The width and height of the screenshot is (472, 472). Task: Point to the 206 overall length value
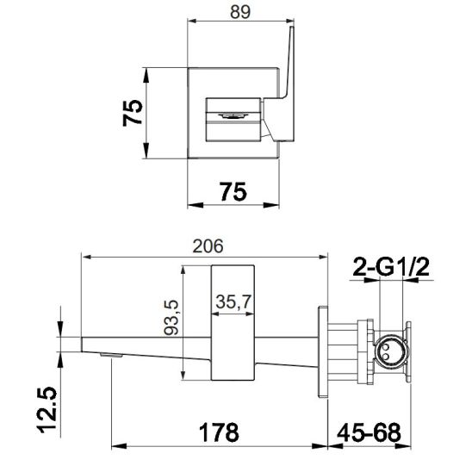[x=208, y=245]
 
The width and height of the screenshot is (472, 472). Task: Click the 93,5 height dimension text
[x=171, y=320]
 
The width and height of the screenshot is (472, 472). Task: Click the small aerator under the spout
[x=109, y=354]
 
